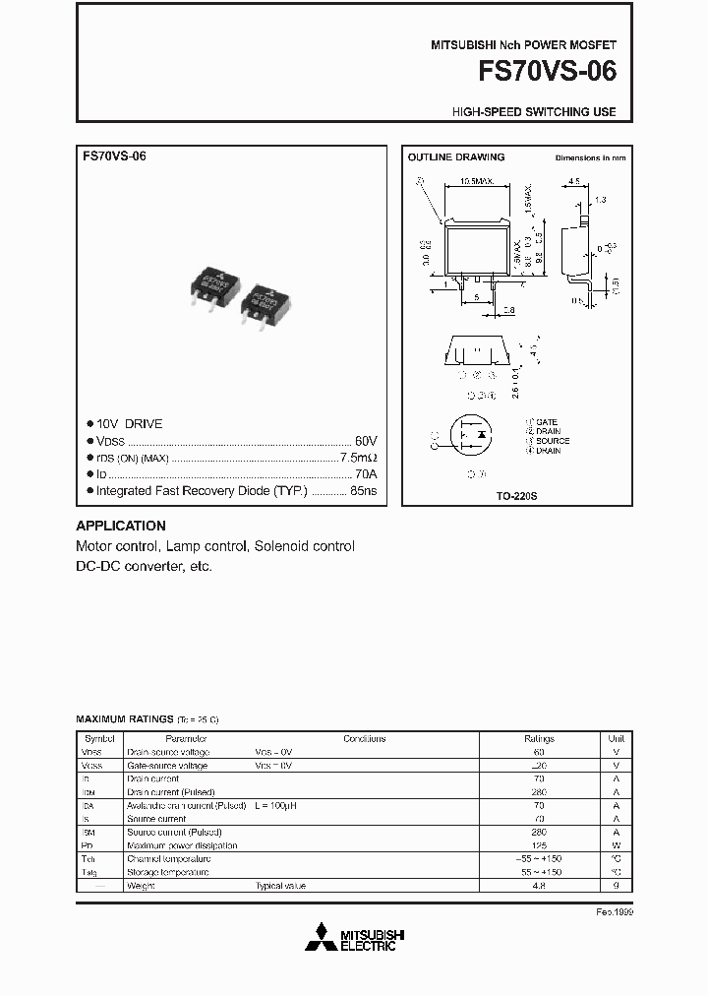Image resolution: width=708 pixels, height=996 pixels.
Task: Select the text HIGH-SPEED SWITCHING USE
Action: pos(534,112)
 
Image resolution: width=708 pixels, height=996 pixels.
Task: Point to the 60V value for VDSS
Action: pos(366,440)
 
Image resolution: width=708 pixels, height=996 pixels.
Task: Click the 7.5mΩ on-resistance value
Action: pos(358,457)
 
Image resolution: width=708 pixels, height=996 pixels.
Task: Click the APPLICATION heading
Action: pos(121,526)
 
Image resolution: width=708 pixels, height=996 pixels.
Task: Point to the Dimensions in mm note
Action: pos(590,157)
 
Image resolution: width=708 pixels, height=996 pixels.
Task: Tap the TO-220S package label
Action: pos(516,498)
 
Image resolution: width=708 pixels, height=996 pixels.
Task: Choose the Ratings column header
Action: pos(539,738)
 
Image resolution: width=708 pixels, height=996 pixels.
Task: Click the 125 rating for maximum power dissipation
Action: pos(539,845)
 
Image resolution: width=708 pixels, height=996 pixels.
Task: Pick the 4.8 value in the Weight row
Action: pos(539,886)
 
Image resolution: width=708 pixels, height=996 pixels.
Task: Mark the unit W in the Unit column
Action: pos(616,845)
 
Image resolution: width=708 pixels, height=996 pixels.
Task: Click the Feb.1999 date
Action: pos(615,912)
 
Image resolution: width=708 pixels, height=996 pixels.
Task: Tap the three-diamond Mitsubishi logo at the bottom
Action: pos(320,939)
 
